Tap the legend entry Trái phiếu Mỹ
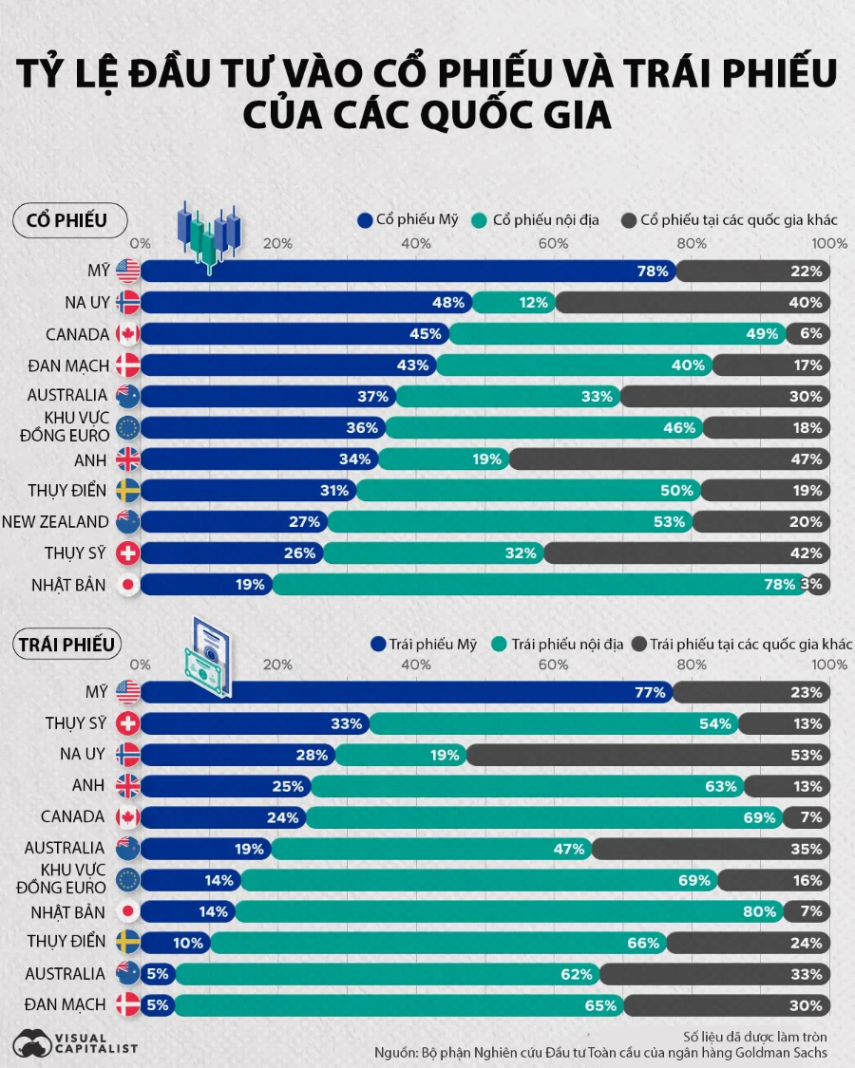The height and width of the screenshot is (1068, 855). pyautogui.click(x=425, y=645)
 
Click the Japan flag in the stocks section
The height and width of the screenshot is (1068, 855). pyautogui.click(x=127, y=585)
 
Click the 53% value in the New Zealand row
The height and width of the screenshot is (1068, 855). pyautogui.click(x=670, y=522)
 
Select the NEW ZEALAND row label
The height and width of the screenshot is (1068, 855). pyautogui.click(x=55, y=522)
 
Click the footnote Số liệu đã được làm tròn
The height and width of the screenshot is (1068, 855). pyautogui.click(x=755, y=1035)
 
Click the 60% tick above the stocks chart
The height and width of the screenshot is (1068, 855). pyautogui.click(x=554, y=244)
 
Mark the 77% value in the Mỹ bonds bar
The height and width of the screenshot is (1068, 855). pyautogui.click(x=650, y=692)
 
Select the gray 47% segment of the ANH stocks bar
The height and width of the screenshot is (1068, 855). pyautogui.click(x=670, y=459)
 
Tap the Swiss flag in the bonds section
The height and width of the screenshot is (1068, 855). pyautogui.click(x=127, y=723)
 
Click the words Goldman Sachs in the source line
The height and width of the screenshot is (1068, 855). pyautogui.click(x=785, y=1052)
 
